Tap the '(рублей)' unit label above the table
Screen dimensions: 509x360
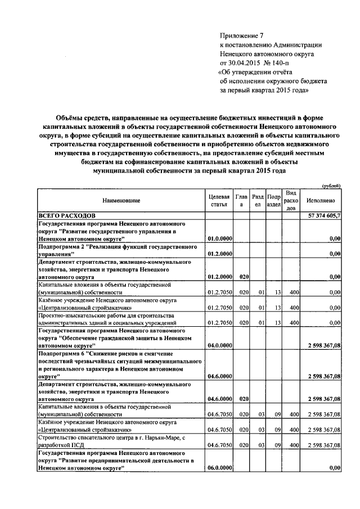331,186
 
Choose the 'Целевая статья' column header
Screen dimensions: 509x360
219,200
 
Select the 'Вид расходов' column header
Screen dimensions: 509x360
290,200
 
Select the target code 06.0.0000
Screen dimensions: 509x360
219,467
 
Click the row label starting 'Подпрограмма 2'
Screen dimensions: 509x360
116,250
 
